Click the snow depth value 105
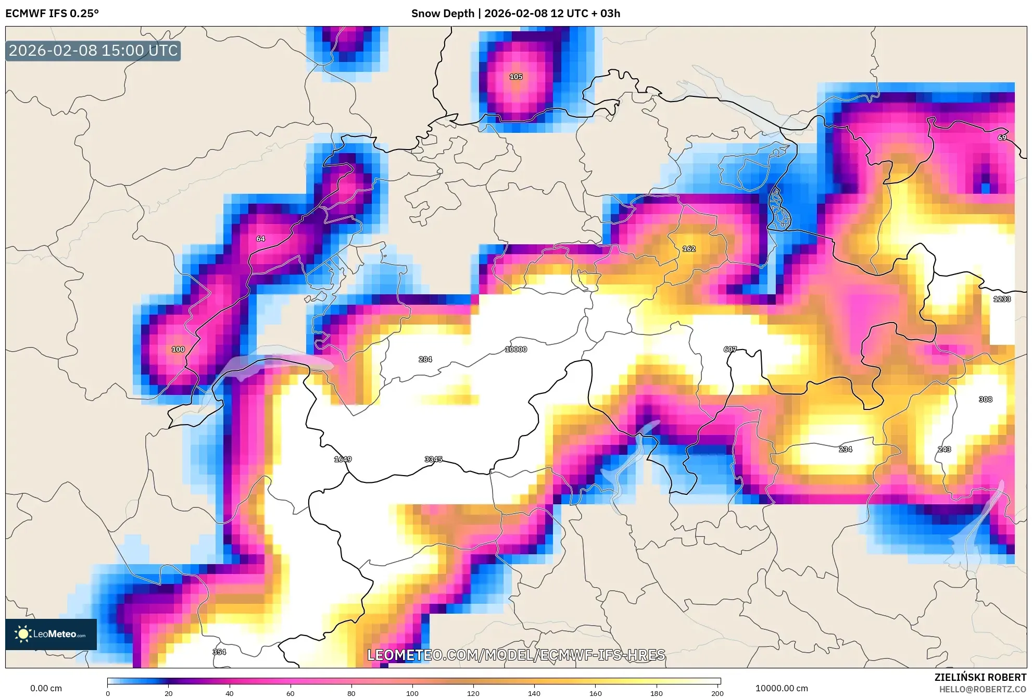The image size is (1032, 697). (x=515, y=77)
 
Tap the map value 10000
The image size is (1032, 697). (x=515, y=349)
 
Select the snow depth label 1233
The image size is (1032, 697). (x=1001, y=299)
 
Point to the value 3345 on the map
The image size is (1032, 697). (x=433, y=459)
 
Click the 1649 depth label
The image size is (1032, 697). (x=343, y=459)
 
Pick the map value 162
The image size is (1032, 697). (x=688, y=248)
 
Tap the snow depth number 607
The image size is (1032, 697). (x=729, y=349)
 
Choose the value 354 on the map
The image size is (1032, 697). (x=219, y=652)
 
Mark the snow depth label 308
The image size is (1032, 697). (x=985, y=399)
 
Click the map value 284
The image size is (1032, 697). (x=425, y=359)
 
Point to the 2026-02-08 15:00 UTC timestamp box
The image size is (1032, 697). (x=93, y=51)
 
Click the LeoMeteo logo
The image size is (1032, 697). (x=51, y=634)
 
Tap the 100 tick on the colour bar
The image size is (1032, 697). (x=412, y=693)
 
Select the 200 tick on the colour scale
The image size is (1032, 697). (x=717, y=693)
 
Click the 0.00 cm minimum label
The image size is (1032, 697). (x=46, y=688)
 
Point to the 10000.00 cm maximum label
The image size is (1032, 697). (x=782, y=688)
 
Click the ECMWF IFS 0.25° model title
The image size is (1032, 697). (x=52, y=14)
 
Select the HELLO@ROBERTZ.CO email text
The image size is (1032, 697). (x=982, y=689)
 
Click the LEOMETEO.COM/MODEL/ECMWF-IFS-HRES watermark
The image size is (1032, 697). (x=516, y=655)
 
